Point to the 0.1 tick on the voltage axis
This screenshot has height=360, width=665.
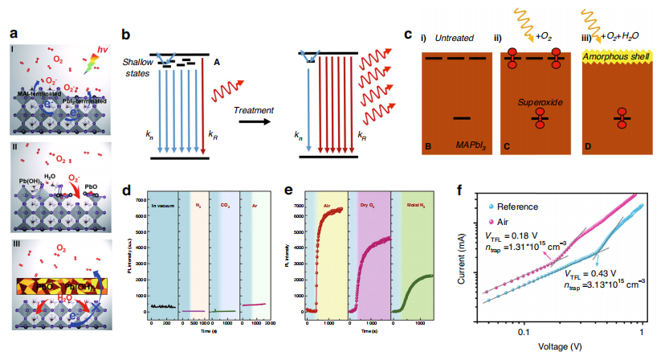click(x=524, y=331)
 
